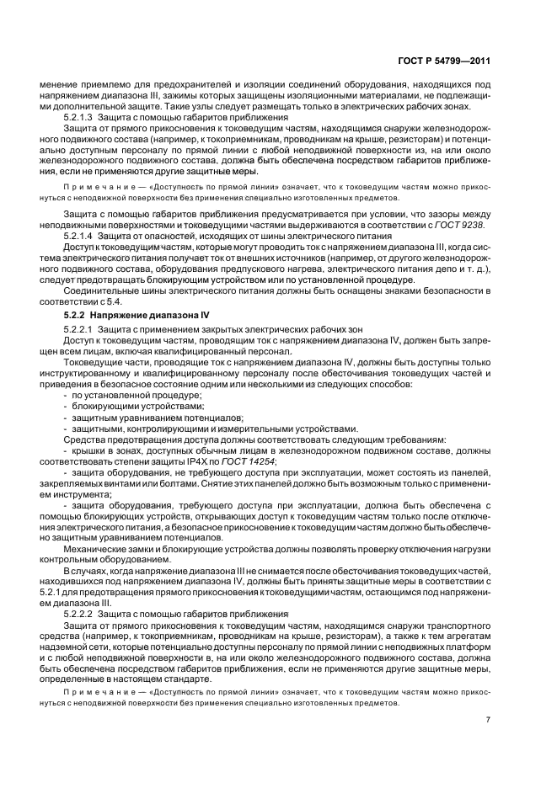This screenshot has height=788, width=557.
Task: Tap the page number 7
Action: [x=489, y=720]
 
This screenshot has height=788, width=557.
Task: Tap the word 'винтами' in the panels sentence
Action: [x=134, y=484]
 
